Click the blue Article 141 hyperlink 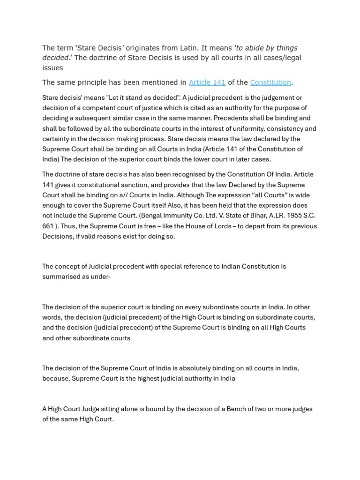pos(207,82)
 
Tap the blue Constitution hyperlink pos(270,82)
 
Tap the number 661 pos(48,226)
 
